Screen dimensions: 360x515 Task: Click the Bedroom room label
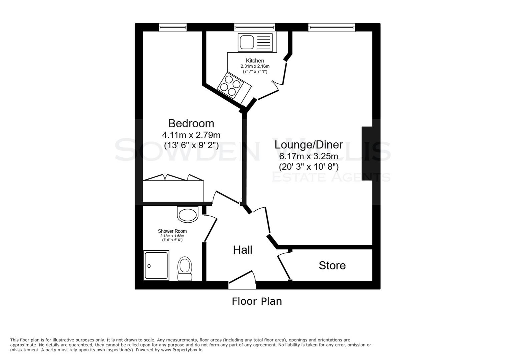click(x=191, y=123)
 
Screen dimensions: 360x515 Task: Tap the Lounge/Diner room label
click(x=309, y=145)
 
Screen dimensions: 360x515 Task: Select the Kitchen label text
click(x=255, y=61)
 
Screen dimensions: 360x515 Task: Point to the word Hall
click(x=242, y=250)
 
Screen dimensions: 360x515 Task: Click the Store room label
click(x=332, y=265)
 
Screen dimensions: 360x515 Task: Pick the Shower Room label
click(x=172, y=231)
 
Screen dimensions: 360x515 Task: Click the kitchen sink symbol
click(x=255, y=42)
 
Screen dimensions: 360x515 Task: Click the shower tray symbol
click(x=156, y=265)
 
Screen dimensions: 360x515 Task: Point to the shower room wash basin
click(x=187, y=214)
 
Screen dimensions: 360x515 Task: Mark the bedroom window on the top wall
click(x=172, y=27)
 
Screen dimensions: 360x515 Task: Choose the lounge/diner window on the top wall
click(x=332, y=27)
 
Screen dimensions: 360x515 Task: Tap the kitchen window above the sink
click(x=254, y=27)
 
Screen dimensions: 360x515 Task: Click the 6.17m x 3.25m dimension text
click(x=309, y=156)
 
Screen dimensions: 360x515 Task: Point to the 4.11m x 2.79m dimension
click(x=191, y=135)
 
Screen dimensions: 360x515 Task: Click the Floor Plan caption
click(x=257, y=301)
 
